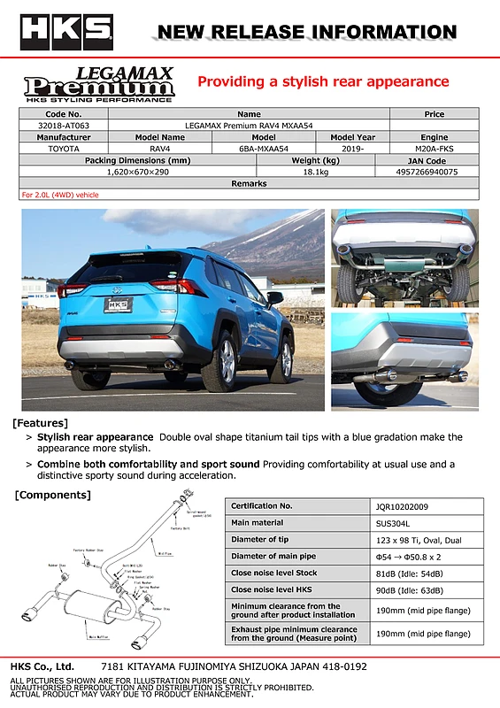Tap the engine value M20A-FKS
[435, 149]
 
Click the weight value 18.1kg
[316, 172]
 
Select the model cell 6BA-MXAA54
[264, 149]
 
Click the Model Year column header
[353, 137]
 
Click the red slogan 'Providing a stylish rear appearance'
[323, 82]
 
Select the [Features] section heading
[40, 422]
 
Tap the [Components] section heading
[52, 495]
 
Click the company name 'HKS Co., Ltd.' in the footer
[42, 666]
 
